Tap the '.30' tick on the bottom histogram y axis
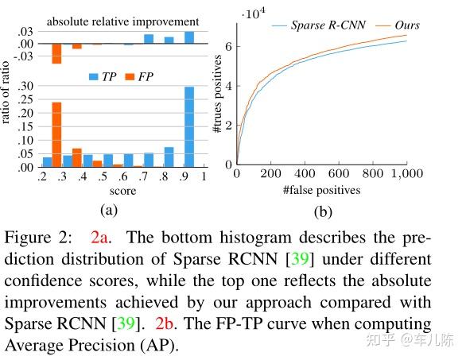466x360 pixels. coord(24,85)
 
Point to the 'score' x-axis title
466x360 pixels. coord(122,191)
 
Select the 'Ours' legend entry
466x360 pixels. coord(406,25)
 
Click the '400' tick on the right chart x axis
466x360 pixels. coord(305,174)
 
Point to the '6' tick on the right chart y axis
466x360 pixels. coord(228,48)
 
